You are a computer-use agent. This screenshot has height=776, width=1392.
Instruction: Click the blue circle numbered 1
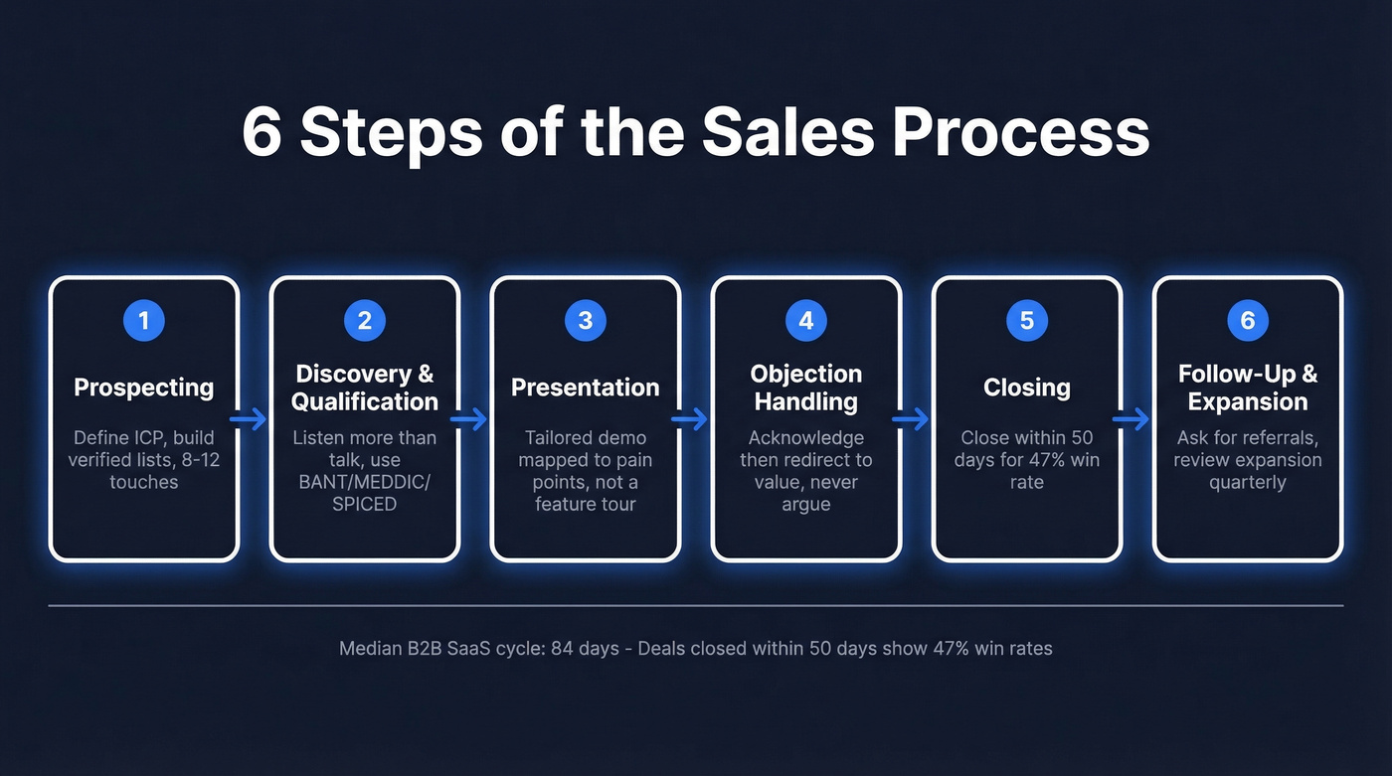144,320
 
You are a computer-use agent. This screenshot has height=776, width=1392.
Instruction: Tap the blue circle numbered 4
806,320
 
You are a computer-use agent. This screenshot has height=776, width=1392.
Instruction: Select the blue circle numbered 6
1248,320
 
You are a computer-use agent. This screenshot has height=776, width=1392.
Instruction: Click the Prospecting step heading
144,388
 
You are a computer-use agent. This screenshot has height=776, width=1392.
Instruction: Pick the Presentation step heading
586,388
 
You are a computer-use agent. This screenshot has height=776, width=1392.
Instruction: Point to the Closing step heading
1027,388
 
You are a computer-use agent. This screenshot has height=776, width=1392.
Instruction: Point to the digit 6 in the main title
261,132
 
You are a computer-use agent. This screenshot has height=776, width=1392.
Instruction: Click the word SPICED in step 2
365,504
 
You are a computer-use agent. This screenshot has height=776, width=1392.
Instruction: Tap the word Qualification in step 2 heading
365,402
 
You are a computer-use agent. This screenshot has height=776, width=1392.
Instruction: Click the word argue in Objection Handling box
806,504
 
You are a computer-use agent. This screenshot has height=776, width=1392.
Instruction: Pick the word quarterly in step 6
1248,482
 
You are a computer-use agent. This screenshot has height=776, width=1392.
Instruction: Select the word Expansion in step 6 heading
1248,402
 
